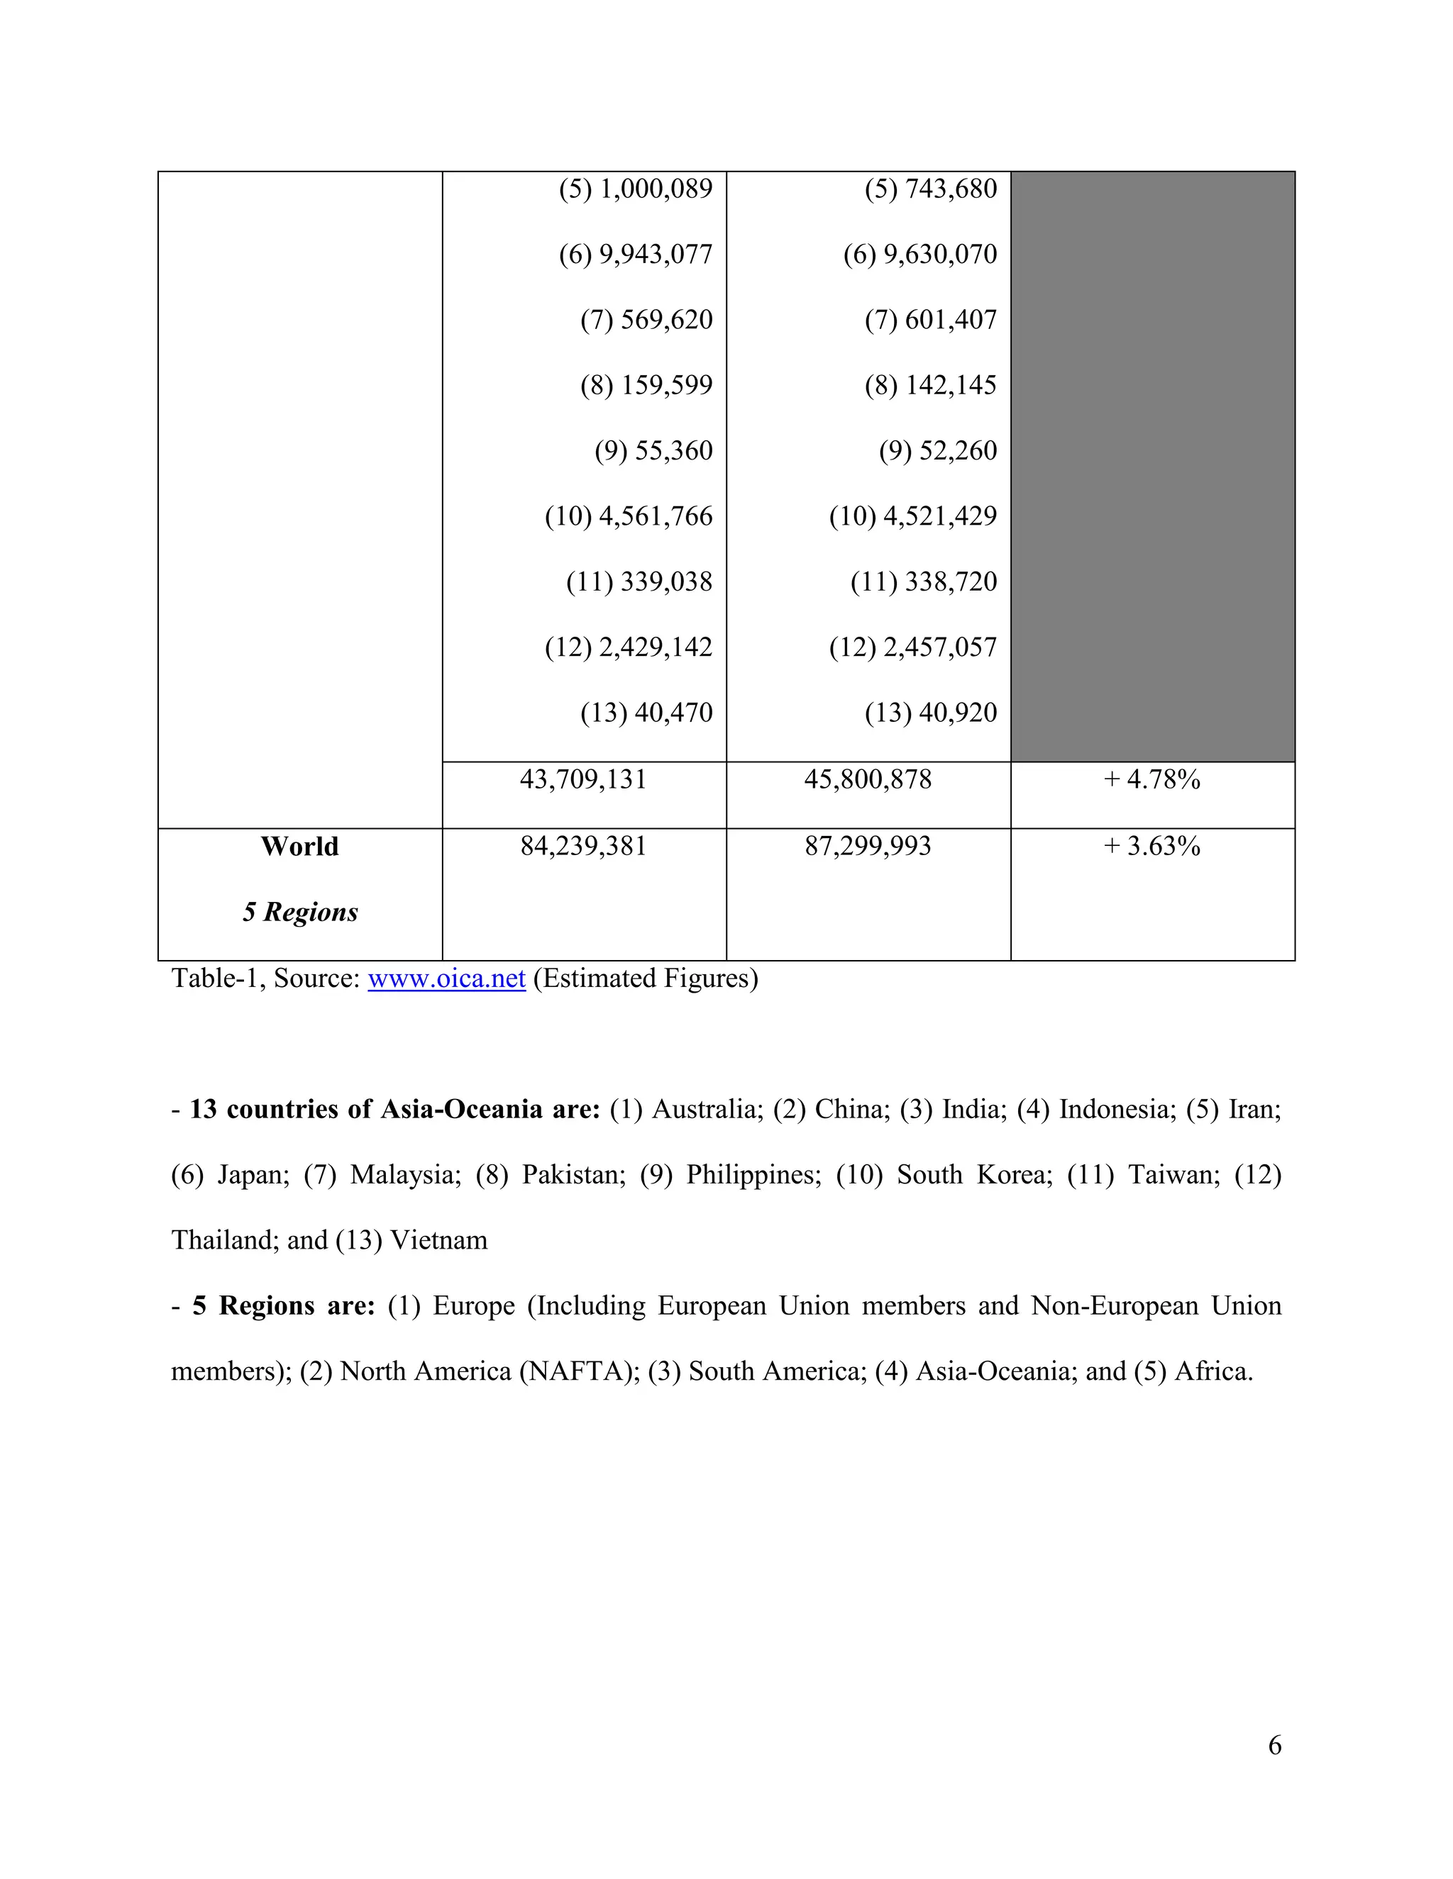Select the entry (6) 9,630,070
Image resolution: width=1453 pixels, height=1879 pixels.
919,255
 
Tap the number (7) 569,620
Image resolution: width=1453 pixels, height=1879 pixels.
646,320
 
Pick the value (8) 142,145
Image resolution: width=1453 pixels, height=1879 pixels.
931,386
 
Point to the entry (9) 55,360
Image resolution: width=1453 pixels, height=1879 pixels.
653,451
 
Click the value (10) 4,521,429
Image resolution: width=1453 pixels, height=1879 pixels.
912,516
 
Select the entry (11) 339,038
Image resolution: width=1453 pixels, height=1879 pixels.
639,581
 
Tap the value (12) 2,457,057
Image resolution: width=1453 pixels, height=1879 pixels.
912,647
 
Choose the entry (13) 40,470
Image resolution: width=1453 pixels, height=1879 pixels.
646,713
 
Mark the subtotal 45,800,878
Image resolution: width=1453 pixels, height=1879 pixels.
868,779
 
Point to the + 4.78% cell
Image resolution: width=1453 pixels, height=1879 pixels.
1151,779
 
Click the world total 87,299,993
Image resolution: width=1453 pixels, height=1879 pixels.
868,847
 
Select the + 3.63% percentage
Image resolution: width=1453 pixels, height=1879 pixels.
1151,847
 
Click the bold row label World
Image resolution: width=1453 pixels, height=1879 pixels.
299,847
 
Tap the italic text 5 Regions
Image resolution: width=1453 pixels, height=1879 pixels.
299,912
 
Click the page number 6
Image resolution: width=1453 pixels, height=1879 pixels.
1275,1745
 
